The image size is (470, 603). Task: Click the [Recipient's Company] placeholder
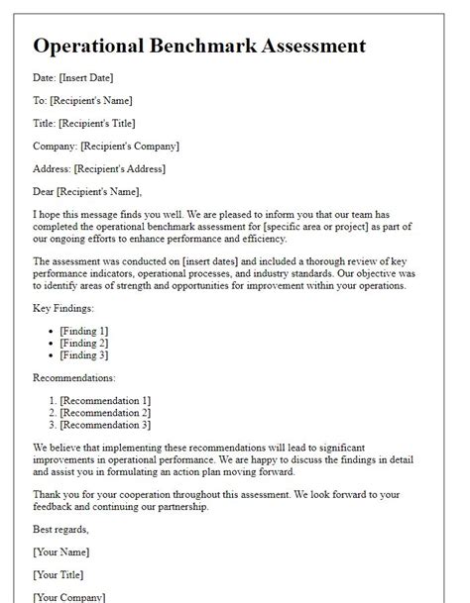tap(130, 146)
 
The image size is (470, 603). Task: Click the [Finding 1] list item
tap(83, 331)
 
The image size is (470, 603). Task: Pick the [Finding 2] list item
tap(83, 343)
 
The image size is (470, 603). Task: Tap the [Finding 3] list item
tap(83, 355)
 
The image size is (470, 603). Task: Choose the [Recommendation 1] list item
tap(105, 400)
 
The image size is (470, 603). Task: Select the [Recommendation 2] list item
tap(105, 412)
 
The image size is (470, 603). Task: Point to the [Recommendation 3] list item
tap(105, 425)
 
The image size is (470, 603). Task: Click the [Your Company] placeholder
tap(68, 596)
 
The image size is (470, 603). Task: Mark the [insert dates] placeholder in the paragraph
tap(221, 260)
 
